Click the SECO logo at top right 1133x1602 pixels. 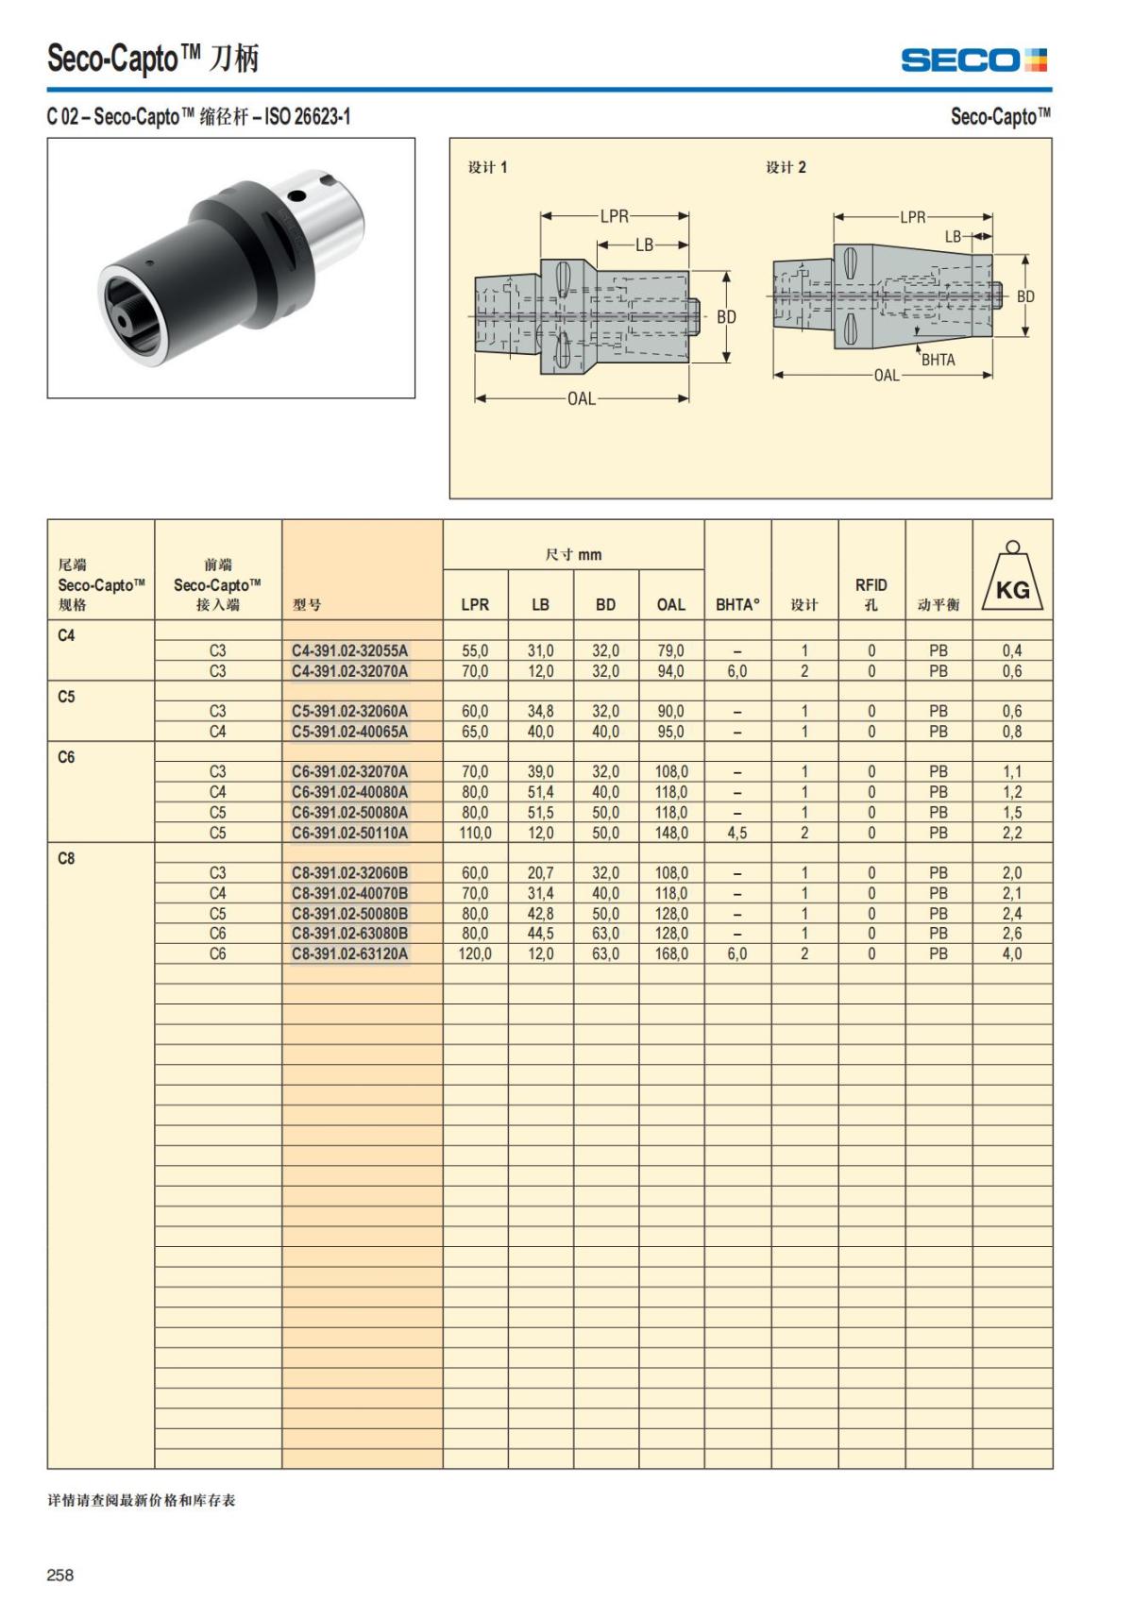pos(973,60)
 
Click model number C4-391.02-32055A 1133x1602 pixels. pos(349,650)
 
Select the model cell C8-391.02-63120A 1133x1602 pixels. pos(349,953)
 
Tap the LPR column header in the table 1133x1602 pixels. pos(475,604)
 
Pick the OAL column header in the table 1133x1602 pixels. pos(671,604)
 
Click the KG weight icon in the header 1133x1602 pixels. pos(1012,578)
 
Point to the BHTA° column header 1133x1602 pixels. pos(737,604)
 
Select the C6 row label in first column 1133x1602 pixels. pos(66,757)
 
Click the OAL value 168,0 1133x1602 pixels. pos(671,953)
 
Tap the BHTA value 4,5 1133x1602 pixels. pos(737,833)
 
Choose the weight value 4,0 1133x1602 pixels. pos(1012,953)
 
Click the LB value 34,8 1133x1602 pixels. pos(540,711)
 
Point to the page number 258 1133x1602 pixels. pos(60,1575)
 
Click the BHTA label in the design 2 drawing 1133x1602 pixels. pos(938,360)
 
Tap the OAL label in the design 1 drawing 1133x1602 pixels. pos(582,398)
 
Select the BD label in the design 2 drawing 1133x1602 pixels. pos(1025,296)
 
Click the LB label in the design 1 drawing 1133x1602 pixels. pos(644,245)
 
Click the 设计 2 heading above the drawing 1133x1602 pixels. pos(786,167)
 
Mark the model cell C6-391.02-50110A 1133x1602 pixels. pos(349,833)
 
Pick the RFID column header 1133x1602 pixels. pos(871,594)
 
